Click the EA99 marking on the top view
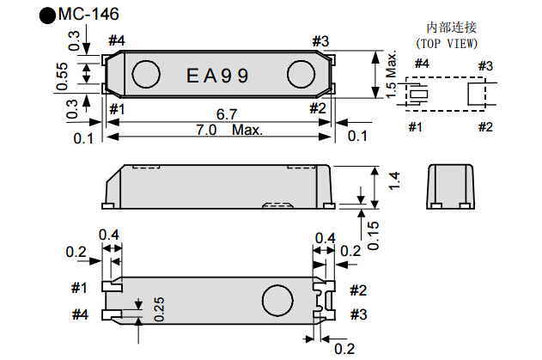pyautogui.click(x=218, y=76)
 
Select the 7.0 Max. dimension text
pyautogui.click(x=224, y=131)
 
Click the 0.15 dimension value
pyautogui.click(x=373, y=233)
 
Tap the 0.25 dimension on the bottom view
pyautogui.click(x=158, y=309)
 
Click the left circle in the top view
pyautogui.click(x=147, y=74)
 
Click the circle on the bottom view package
pyautogui.click(x=278, y=300)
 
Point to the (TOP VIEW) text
pyautogui.click(x=447, y=42)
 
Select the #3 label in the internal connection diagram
pyautogui.click(x=485, y=65)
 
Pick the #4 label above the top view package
pyautogui.click(x=118, y=40)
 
